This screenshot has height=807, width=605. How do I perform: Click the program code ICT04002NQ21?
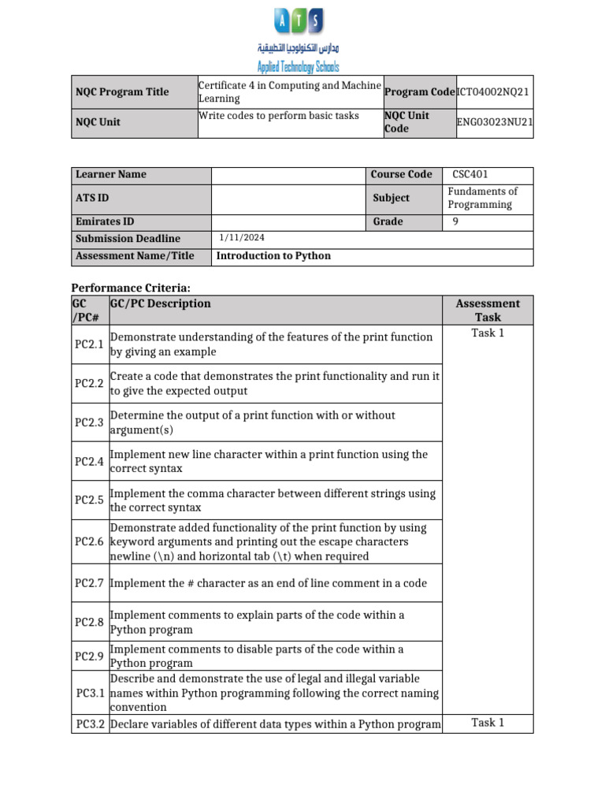(493, 92)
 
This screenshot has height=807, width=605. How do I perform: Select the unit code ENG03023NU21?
(495, 122)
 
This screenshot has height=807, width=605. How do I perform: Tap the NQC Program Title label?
(122, 92)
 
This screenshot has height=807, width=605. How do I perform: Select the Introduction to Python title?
(273, 255)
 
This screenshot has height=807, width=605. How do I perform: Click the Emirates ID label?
(105, 221)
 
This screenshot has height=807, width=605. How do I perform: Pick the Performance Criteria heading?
(131, 288)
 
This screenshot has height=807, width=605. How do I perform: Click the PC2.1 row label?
(90, 344)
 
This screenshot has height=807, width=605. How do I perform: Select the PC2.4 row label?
(90, 461)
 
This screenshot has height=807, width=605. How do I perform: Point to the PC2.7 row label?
(90, 583)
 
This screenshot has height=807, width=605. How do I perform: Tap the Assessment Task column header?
(488, 310)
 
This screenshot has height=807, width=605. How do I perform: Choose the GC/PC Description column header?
(161, 303)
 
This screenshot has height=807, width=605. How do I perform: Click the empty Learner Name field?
(289, 174)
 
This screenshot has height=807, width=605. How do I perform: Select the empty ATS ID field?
(289, 198)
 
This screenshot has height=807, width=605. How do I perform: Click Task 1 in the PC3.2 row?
(488, 723)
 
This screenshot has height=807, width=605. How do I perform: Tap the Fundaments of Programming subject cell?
(482, 198)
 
